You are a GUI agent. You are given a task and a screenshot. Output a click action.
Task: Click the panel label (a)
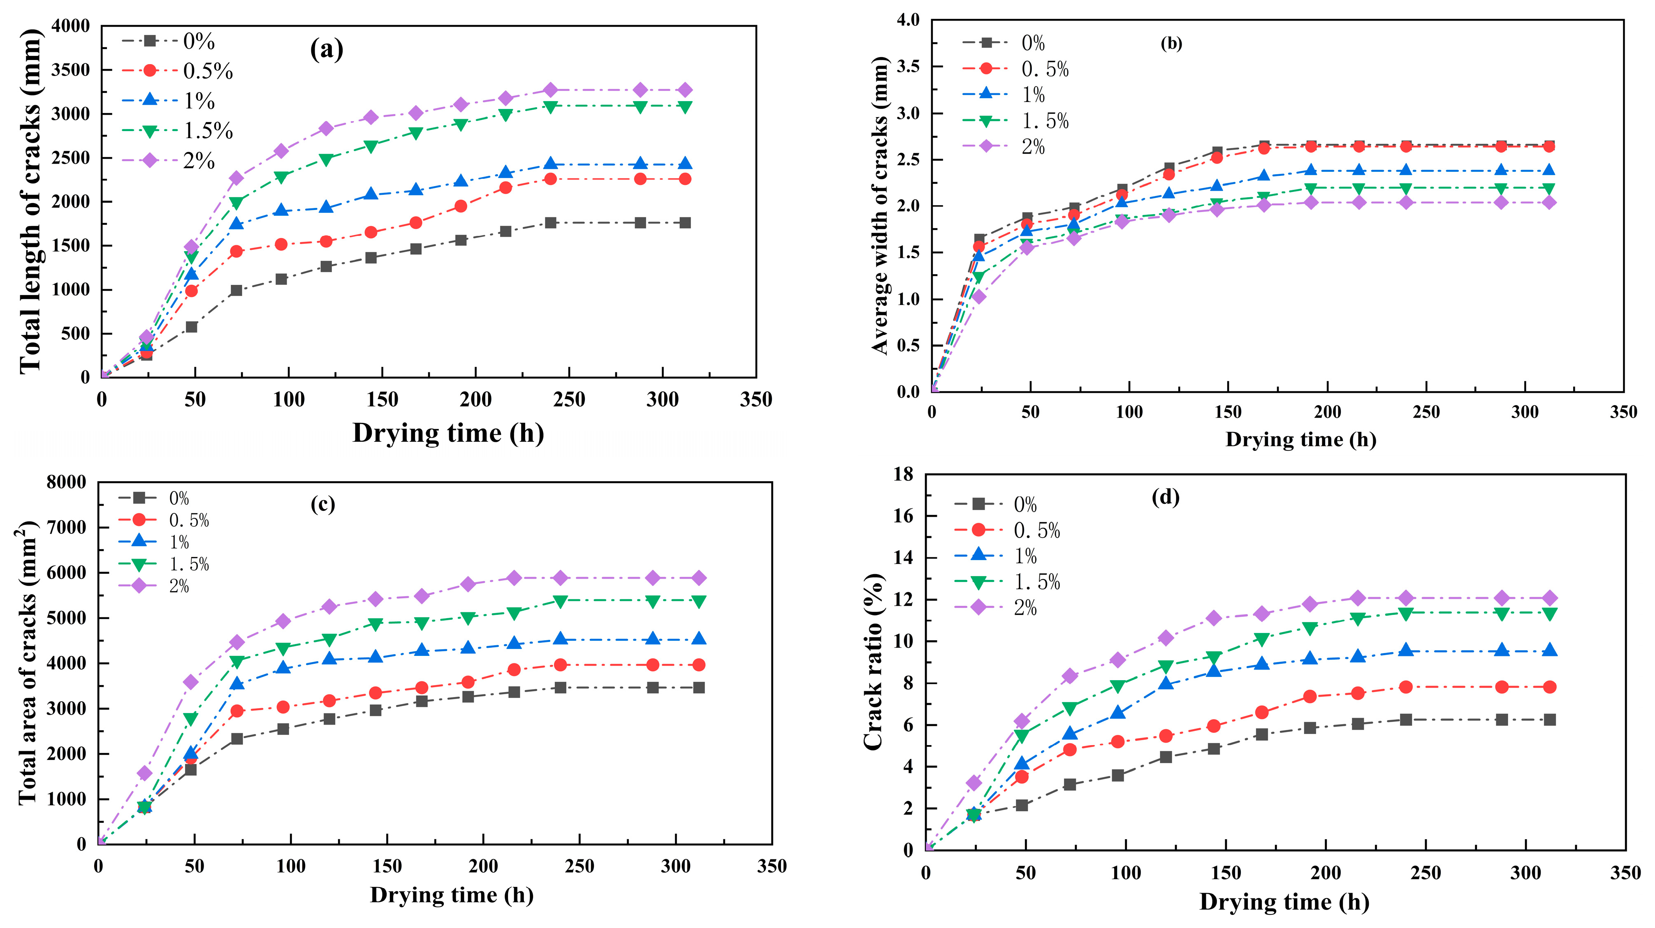click(x=327, y=49)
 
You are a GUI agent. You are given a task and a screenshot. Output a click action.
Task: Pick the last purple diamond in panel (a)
click(x=685, y=90)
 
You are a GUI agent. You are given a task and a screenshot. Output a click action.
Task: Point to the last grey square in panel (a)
click(x=685, y=223)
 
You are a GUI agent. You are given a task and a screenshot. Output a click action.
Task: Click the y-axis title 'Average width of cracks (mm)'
click(x=880, y=205)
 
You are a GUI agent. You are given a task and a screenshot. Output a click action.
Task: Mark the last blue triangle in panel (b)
click(x=1549, y=170)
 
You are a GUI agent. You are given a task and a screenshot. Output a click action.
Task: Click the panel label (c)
click(x=322, y=505)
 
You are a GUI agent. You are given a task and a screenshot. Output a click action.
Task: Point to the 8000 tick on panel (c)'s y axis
click(x=66, y=482)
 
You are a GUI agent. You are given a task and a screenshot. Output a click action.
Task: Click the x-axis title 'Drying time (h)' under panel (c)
click(x=451, y=895)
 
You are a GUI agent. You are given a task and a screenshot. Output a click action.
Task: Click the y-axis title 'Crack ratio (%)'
click(x=874, y=662)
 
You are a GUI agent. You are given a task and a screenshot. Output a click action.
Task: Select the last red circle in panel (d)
click(x=1549, y=687)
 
